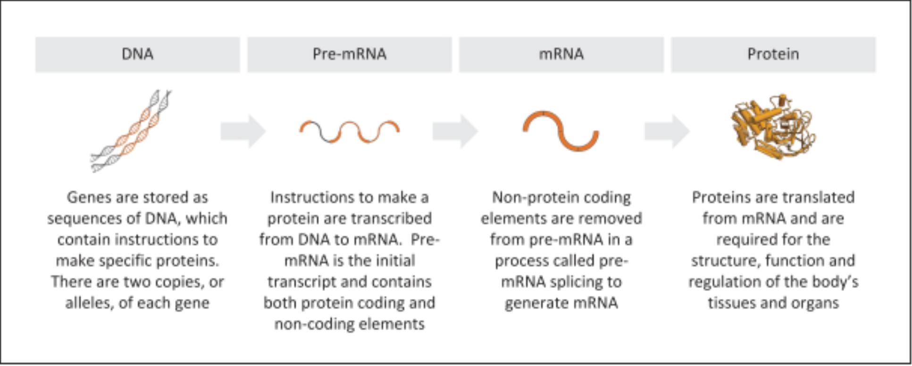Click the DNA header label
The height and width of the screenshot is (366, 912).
pyautogui.click(x=137, y=54)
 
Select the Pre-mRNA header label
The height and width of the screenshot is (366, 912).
pyautogui.click(x=349, y=54)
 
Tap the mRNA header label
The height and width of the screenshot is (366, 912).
pyautogui.click(x=561, y=54)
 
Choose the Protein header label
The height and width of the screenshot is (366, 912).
pyautogui.click(x=773, y=54)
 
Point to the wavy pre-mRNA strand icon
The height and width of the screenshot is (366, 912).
pyautogui.click(x=349, y=131)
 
